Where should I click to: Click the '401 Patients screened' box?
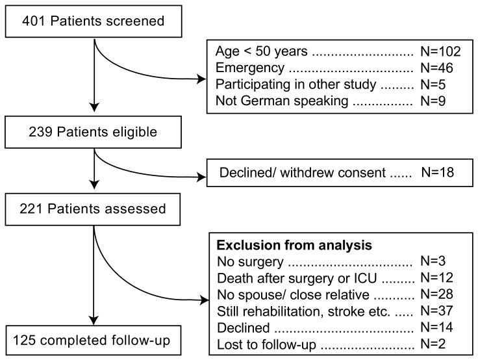94,21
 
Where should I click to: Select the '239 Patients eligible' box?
94,132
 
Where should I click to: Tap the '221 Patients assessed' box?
93,209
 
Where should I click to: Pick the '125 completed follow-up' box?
94,340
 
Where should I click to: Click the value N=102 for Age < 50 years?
440,51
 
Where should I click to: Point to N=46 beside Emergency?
436,68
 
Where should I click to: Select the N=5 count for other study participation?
433,84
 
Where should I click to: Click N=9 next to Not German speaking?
433,101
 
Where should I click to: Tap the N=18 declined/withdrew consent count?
438,172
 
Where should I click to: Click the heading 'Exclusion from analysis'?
294,245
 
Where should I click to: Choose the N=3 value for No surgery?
433,261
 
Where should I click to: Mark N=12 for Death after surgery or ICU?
436,277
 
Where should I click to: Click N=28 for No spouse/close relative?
436,294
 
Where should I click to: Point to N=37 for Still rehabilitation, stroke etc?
436,311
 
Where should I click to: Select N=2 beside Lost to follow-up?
433,344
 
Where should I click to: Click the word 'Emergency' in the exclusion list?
250,68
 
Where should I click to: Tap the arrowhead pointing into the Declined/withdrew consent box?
202,177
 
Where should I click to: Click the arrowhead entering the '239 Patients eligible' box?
95,107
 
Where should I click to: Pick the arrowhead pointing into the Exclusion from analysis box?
205,300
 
